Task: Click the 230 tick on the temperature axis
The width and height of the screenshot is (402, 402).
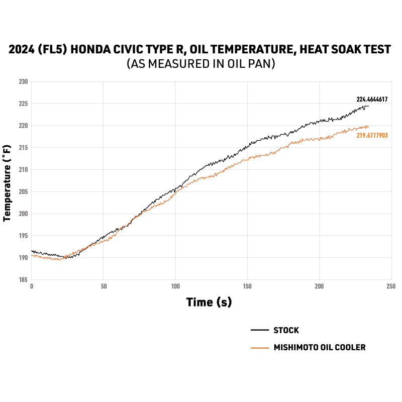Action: click(23, 81)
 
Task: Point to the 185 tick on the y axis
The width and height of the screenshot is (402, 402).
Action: click(23, 280)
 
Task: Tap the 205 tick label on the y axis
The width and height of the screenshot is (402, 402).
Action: click(23, 191)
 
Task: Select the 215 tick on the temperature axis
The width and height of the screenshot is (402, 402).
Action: click(23, 147)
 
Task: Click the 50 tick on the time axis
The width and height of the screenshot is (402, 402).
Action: click(103, 286)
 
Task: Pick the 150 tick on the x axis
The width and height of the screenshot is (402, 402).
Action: click(247, 286)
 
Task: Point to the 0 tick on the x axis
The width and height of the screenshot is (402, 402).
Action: click(31, 286)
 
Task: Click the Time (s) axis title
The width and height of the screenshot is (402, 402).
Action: click(209, 303)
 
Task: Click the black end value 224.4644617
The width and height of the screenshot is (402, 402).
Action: click(372, 99)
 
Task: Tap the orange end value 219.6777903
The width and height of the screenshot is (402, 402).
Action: click(372, 136)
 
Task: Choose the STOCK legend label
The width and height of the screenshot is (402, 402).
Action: click(286, 331)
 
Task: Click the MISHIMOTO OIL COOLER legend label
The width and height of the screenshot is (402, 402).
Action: click(320, 347)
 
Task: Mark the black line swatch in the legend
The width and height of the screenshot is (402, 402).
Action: click(259, 331)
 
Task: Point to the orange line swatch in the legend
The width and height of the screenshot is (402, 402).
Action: click(259, 347)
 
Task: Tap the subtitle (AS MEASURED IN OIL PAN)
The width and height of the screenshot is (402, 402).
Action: click(201, 64)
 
